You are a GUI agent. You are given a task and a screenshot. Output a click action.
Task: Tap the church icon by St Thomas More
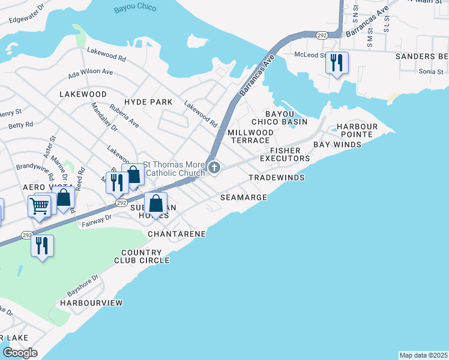click(213, 170)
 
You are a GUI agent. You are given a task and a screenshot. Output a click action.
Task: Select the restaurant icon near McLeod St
click(337, 62)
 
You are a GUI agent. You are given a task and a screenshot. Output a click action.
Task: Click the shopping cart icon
click(40, 206)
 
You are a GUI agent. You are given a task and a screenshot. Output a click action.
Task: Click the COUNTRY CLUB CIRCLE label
click(142, 257)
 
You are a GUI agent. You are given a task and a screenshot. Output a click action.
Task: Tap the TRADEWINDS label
click(276, 178)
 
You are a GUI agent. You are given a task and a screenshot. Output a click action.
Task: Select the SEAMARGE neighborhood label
click(243, 197)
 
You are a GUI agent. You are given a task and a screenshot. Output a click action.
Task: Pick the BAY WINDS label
click(337, 145)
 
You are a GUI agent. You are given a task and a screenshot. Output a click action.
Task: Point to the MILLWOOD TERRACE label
click(251, 136)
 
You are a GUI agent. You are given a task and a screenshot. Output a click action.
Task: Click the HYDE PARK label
click(148, 103)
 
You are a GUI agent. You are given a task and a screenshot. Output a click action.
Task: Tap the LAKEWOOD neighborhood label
click(83, 95)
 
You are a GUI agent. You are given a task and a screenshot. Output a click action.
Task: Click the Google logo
click(20, 353)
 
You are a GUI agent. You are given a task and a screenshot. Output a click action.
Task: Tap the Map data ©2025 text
click(423, 355)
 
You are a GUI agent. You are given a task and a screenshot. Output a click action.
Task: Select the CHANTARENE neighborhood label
click(177, 233)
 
